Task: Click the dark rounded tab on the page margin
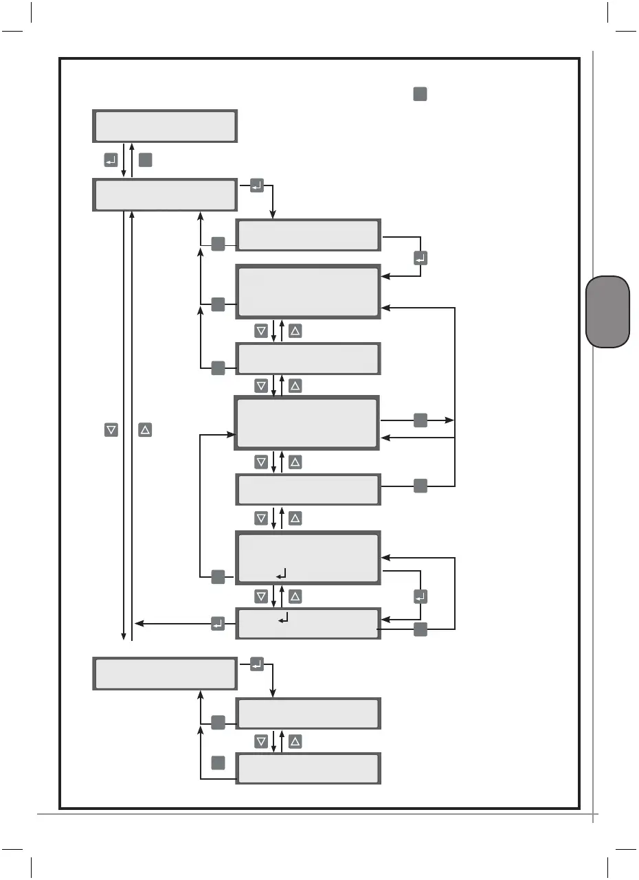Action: coord(608,312)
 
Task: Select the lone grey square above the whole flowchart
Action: coord(421,95)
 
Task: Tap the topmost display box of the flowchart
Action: coord(165,126)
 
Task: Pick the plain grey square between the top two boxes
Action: coord(145,160)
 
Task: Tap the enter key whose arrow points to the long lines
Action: coord(218,624)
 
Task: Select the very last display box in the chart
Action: coord(308,769)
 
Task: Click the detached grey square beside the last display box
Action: coord(218,763)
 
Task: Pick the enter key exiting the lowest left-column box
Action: coord(256,664)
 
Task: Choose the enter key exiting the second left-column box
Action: coord(256,185)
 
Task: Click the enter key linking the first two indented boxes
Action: coord(421,258)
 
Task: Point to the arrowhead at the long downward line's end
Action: coord(124,637)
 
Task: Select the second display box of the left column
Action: coord(165,195)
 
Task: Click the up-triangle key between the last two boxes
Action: coord(295,741)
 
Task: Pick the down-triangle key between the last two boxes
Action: coord(261,741)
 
